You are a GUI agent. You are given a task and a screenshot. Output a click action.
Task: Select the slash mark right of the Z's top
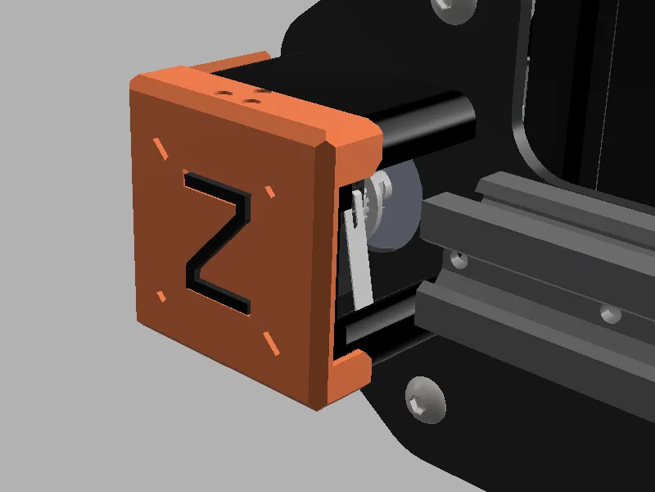269,192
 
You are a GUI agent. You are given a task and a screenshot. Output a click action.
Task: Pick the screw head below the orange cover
425,399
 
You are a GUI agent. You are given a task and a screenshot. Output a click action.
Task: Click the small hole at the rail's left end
458,260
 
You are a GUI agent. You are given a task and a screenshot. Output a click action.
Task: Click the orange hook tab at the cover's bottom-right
352,369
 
